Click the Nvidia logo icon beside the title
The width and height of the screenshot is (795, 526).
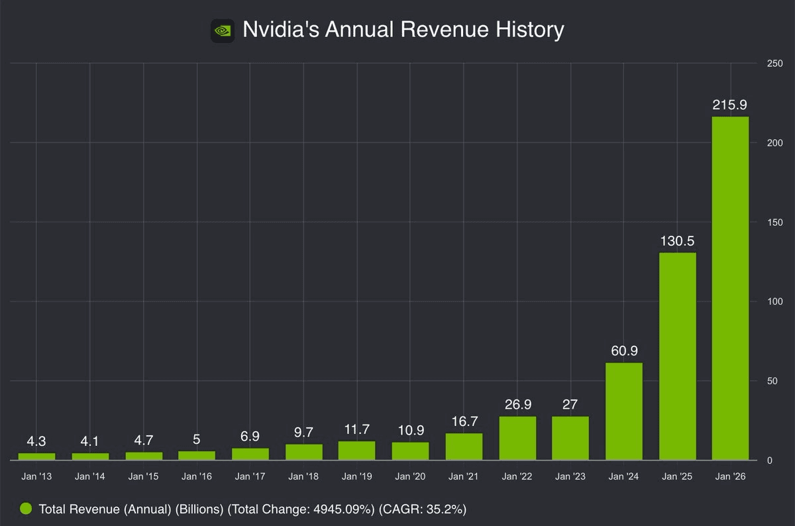(223, 30)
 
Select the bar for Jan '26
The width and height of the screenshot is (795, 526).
(730, 288)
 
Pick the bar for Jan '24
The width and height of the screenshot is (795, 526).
(623, 411)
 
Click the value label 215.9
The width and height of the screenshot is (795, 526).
(730, 105)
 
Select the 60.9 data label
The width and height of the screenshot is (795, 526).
(623, 351)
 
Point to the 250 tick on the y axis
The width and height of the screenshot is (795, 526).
(772, 64)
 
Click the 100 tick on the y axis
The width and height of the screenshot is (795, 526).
(772, 302)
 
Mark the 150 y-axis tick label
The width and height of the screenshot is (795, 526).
(772, 223)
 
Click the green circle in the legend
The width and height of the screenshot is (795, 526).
(26, 509)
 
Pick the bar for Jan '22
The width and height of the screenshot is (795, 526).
(517, 438)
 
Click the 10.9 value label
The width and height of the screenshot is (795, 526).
(410, 431)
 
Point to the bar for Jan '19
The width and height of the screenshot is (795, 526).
(356, 450)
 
